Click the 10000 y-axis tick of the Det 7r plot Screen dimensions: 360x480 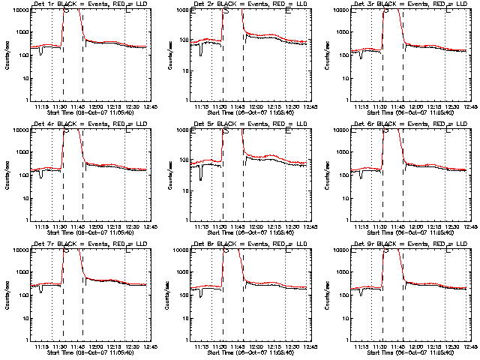[18, 250]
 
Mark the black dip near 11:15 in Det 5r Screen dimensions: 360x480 [201, 177]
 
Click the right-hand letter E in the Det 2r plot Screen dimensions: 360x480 [289, 11]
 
